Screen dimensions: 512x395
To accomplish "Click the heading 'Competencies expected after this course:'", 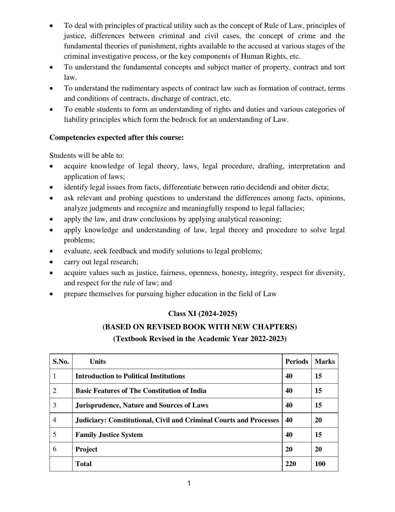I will click(116, 137).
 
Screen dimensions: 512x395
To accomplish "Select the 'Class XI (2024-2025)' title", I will click(202, 314).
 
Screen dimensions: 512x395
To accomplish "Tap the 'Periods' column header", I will click(296, 362).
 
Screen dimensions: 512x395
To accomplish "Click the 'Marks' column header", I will click(324, 362).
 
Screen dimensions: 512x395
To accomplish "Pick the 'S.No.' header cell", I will click(61, 362).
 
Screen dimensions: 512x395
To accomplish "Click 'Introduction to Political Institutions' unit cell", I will click(130, 376).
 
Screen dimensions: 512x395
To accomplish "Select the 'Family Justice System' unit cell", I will click(109, 435).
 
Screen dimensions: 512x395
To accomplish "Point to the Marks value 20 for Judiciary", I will click(318, 420).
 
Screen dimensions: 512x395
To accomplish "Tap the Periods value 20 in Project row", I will click(289, 449).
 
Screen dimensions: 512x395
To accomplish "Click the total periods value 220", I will click(291, 464).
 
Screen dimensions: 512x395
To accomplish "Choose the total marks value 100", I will click(320, 464).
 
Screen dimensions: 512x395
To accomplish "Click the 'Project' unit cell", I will click(86, 449).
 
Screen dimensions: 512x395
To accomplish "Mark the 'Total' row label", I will click(83, 464).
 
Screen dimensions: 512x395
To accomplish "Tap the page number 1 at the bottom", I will click(189, 483).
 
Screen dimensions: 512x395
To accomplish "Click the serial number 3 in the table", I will click(55, 405).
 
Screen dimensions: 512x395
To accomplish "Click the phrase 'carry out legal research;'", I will click(101, 262).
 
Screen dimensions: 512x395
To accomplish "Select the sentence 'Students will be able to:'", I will click(87, 155).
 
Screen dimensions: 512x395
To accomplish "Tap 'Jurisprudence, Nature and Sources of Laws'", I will click(142, 405).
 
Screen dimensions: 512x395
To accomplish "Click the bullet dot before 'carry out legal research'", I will click(51, 262).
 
